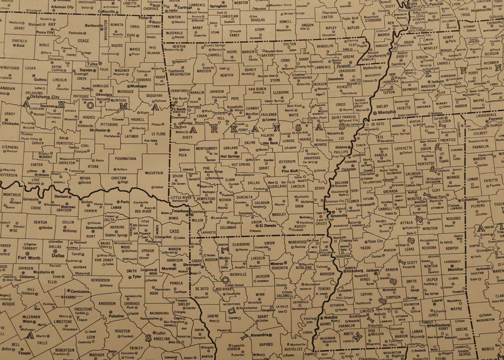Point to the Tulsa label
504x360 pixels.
92,64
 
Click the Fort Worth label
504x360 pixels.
29,258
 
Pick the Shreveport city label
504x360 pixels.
192,264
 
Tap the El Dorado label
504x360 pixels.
268,226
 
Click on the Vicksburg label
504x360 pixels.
355,271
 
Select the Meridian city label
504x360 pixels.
456,269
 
